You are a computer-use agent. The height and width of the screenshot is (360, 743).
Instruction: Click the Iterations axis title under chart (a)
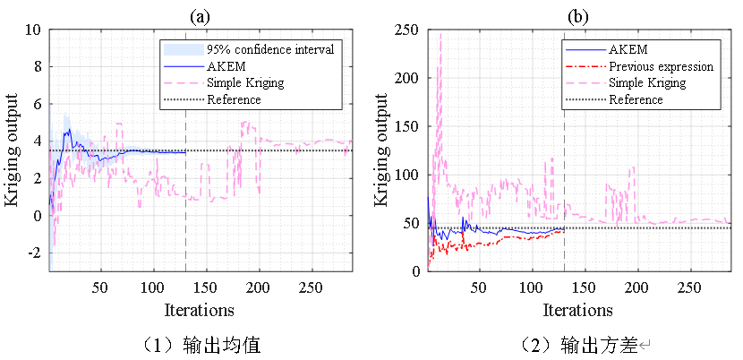point(200,310)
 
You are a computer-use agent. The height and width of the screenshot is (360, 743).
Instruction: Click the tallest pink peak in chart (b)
point(440,34)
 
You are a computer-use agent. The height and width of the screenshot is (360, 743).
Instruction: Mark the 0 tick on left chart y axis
point(36,216)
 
